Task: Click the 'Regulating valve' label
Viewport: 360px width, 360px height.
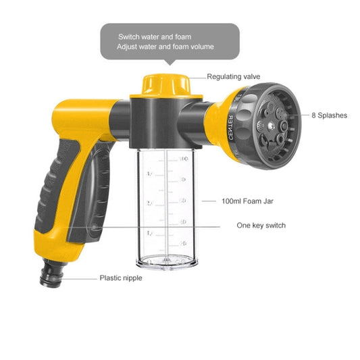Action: [233, 77]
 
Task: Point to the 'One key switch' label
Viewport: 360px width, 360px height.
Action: [261, 226]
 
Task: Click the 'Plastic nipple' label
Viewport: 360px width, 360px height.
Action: [121, 278]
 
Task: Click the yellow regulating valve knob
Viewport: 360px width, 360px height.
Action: [165, 84]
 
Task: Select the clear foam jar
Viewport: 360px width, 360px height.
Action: [165, 206]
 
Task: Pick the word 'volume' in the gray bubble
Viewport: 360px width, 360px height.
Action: [201, 47]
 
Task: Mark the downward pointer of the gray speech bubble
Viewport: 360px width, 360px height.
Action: [169, 63]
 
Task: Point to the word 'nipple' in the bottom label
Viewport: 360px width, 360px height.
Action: [131, 278]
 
